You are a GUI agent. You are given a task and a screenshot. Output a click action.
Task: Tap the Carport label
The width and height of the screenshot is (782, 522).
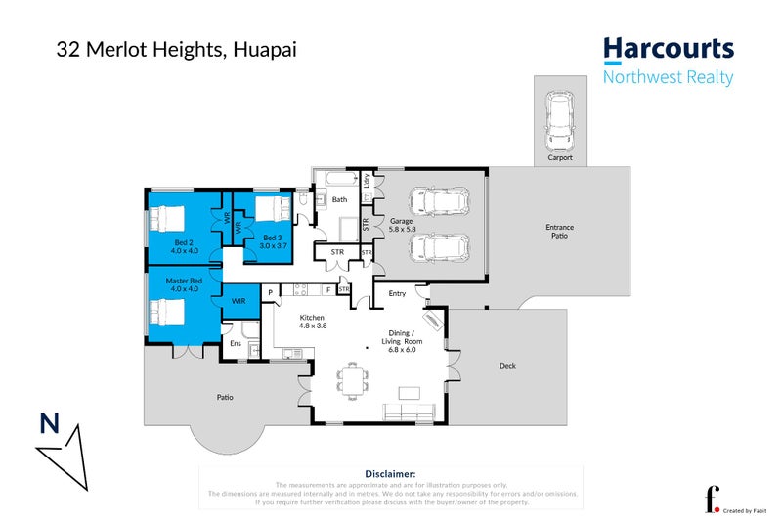(x=559, y=157)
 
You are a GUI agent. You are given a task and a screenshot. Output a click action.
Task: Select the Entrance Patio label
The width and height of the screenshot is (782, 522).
(x=559, y=232)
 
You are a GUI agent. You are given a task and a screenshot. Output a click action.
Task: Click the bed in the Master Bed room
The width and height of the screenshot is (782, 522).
(x=166, y=313)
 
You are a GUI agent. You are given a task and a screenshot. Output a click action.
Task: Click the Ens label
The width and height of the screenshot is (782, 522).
(x=236, y=343)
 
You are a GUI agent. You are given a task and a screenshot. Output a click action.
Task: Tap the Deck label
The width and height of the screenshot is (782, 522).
(x=506, y=366)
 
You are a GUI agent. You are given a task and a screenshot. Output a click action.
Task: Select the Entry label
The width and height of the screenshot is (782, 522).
(x=397, y=293)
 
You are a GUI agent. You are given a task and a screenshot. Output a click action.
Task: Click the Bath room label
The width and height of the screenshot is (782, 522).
(x=339, y=199)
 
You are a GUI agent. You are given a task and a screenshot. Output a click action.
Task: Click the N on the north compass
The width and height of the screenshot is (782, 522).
(x=48, y=423)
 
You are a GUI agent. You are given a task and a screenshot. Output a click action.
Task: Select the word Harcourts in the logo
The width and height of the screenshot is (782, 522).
(x=668, y=50)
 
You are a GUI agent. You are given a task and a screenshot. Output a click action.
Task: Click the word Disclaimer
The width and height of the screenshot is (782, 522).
(x=390, y=472)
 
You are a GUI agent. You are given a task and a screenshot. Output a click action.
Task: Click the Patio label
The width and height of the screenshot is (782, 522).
(x=226, y=397)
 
